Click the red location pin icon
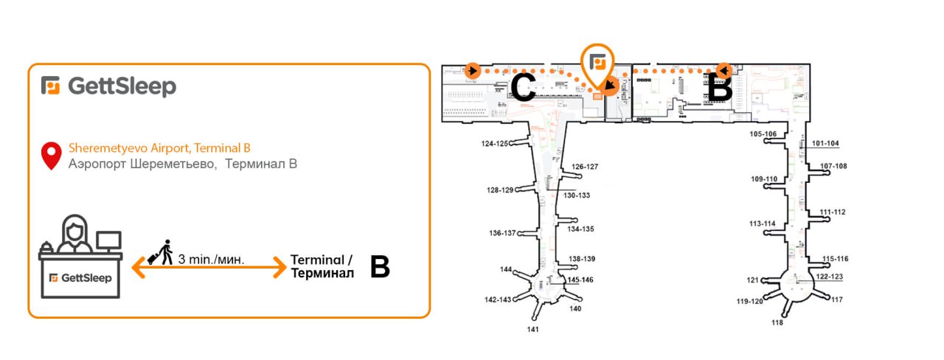(x=52, y=156)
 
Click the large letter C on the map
(x=523, y=87)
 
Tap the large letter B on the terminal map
(x=720, y=87)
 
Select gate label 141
(x=532, y=329)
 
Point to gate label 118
(x=777, y=322)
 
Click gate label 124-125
(x=495, y=144)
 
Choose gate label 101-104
(x=825, y=143)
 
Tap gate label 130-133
(x=577, y=195)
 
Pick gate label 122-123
(x=830, y=277)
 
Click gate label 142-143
(x=498, y=300)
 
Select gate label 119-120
(x=750, y=302)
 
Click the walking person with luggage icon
(x=161, y=252)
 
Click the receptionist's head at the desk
(x=74, y=229)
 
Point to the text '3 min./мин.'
(x=211, y=259)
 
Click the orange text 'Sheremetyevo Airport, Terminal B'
(x=160, y=148)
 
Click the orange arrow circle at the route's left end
(x=473, y=70)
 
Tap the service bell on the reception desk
(x=46, y=246)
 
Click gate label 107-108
(x=833, y=166)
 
